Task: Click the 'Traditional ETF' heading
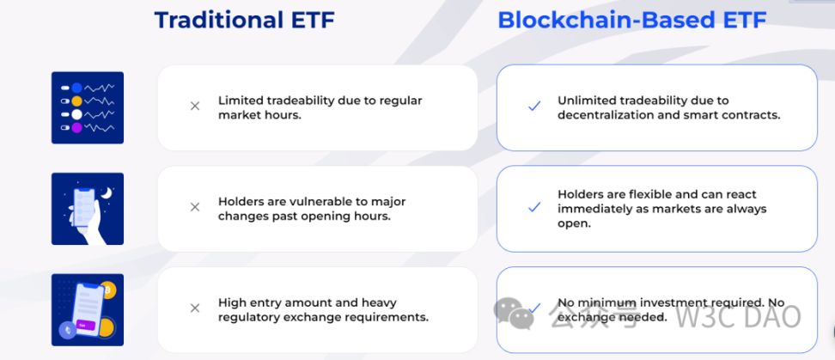(245, 21)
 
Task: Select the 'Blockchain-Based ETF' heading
(632, 21)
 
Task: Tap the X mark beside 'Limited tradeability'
(195, 107)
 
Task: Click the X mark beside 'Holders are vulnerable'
(195, 207)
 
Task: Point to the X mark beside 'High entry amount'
(195, 308)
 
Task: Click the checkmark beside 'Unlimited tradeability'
(534, 107)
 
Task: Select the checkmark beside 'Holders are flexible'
(534, 207)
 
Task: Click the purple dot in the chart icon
(77, 128)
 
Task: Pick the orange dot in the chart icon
(77, 101)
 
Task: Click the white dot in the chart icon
(77, 114)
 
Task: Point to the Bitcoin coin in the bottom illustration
(107, 290)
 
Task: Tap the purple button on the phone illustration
(86, 324)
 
